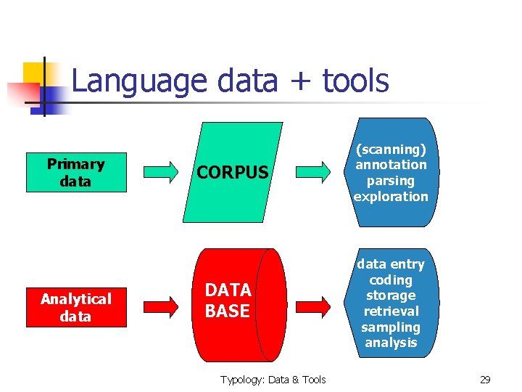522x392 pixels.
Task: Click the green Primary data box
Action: click(x=76, y=173)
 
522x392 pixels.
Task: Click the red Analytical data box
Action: click(x=76, y=307)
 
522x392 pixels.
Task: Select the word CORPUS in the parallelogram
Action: click(x=233, y=173)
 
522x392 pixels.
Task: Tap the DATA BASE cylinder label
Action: click(x=228, y=301)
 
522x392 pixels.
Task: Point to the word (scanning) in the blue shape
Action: click(x=391, y=150)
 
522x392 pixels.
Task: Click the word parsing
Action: click(x=391, y=181)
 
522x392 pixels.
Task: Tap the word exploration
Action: click(x=391, y=197)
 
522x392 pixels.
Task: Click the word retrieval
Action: click(x=391, y=311)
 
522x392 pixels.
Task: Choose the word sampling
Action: click(x=391, y=327)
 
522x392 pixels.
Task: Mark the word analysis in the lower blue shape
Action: click(x=391, y=343)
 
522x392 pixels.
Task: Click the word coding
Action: click(x=391, y=280)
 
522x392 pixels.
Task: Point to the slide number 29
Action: click(x=485, y=380)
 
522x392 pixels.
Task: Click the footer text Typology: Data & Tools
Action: click(x=273, y=380)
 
